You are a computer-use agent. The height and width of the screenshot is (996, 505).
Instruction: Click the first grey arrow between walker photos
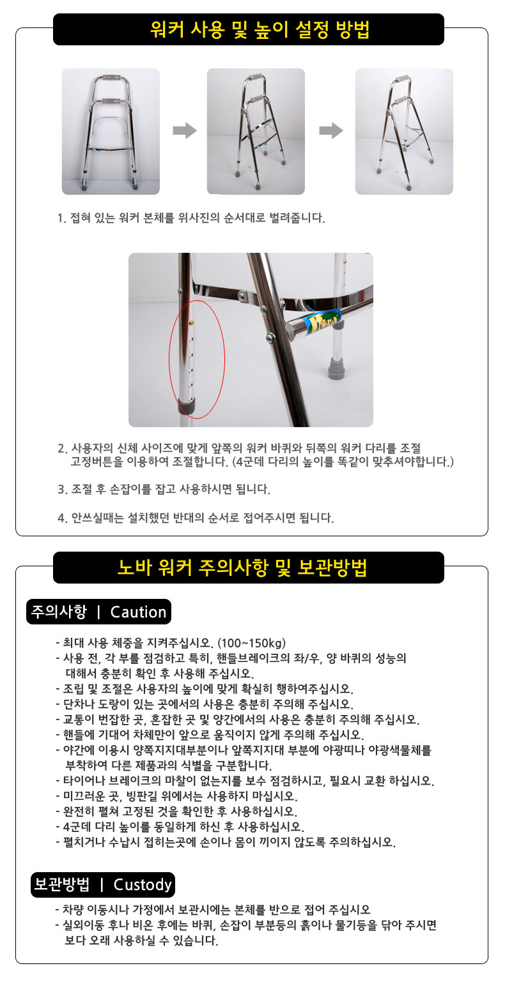click(x=185, y=131)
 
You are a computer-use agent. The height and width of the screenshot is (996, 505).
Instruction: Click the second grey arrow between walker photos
click(x=331, y=131)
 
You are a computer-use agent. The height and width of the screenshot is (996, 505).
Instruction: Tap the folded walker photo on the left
click(x=111, y=131)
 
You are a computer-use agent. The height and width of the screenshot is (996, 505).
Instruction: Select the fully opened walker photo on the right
click(x=404, y=131)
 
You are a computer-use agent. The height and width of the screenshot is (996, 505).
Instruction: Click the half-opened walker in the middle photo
click(x=261, y=129)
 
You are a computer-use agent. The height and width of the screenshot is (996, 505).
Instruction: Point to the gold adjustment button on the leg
click(x=191, y=321)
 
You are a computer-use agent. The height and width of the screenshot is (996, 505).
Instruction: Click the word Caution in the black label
click(x=138, y=612)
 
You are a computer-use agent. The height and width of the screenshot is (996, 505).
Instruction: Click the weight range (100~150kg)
click(x=252, y=643)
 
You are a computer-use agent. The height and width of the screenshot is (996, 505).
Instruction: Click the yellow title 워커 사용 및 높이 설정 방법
click(x=260, y=30)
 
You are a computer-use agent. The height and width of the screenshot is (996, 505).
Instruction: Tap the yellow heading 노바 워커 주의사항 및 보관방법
click(x=242, y=568)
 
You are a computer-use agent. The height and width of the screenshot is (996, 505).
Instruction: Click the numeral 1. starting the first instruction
click(x=61, y=218)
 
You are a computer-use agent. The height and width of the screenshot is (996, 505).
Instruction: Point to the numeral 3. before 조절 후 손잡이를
click(x=62, y=490)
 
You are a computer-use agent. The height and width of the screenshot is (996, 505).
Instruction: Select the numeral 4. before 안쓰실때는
click(x=62, y=518)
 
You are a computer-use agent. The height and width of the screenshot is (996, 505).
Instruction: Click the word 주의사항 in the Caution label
click(x=59, y=612)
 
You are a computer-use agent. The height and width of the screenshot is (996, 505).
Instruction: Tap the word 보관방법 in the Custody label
click(x=62, y=884)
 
